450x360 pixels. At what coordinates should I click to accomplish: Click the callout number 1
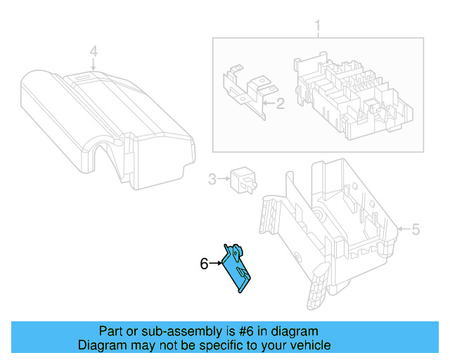pos(317,28)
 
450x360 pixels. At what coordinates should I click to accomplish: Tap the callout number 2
pos(279,105)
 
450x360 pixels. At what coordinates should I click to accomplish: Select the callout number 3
pos(212,179)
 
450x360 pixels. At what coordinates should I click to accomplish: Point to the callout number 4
pos(93,51)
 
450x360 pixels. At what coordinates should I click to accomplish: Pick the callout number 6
pos(204,264)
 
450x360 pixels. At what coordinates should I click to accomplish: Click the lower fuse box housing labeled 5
pos(330,225)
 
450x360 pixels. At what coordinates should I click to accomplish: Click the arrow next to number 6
pos(215,264)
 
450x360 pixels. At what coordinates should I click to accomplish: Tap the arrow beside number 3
pos(224,179)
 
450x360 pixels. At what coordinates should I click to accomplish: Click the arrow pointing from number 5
pos(403,229)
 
